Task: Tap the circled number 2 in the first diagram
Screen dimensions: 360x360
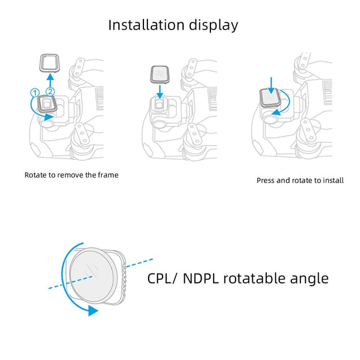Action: [51, 90]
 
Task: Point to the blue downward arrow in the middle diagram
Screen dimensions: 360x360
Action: [160, 93]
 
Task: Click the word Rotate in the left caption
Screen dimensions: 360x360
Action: [35, 175]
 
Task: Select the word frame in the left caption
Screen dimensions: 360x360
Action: [108, 175]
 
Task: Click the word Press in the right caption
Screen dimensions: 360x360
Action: [266, 180]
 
